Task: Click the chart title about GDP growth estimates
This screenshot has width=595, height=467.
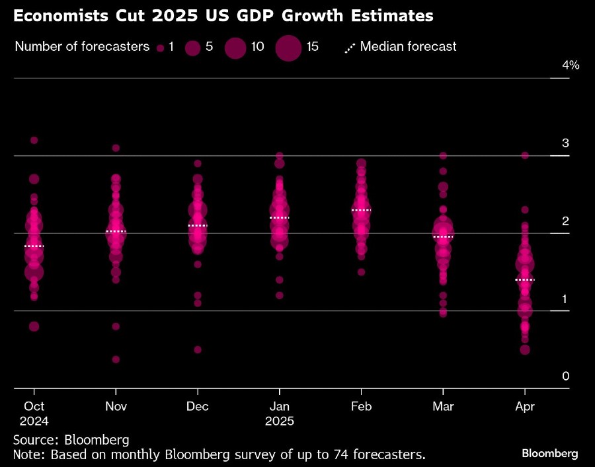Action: tap(223, 17)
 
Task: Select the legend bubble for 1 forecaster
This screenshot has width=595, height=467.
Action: tap(160, 48)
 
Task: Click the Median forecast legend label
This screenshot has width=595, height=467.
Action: tap(408, 47)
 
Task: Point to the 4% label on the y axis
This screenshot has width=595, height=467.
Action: tap(571, 65)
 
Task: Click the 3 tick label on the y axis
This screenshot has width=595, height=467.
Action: tap(566, 143)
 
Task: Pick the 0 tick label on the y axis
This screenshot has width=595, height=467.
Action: tap(566, 376)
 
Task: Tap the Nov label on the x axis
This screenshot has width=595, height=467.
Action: tap(116, 406)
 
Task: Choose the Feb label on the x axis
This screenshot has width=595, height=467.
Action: tap(361, 406)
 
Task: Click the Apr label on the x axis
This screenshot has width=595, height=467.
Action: tap(524, 406)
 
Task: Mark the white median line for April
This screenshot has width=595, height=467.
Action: tap(524, 280)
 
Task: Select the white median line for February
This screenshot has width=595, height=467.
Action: tap(361, 210)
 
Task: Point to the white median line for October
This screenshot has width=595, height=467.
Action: tap(34, 246)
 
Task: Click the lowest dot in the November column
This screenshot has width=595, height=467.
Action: tap(116, 359)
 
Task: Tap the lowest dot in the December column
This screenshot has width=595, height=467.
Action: tap(198, 349)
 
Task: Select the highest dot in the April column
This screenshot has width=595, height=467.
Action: tap(524, 155)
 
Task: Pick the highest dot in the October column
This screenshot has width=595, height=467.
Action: tap(34, 140)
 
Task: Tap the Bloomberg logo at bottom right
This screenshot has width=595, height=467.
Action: tap(550, 453)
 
